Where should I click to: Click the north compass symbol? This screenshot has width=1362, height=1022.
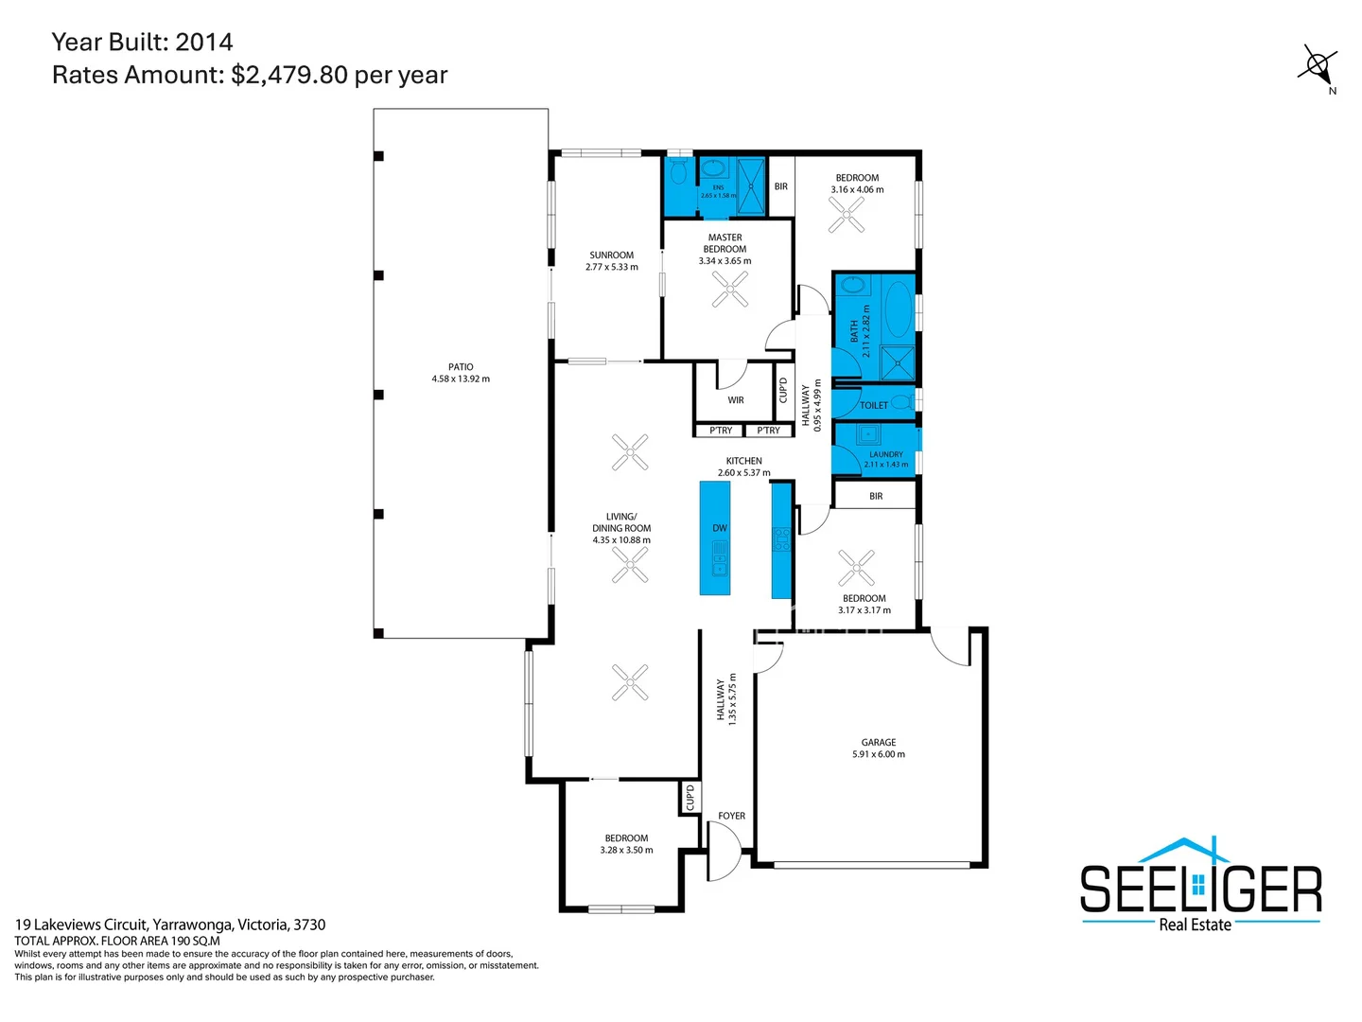1317,66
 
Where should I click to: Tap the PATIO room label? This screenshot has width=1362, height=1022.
461,367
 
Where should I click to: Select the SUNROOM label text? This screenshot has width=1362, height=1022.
611,255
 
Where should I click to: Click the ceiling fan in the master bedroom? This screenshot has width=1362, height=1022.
729,290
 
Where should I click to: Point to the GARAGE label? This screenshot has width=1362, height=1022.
878,743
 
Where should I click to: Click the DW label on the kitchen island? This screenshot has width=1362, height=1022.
720,528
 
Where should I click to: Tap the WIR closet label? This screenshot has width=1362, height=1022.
736,400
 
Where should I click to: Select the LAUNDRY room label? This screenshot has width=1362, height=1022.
885,454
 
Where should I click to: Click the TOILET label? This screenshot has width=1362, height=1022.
874,406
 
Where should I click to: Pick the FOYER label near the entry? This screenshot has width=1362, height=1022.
731,816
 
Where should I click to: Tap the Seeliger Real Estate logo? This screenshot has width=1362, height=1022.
1200,886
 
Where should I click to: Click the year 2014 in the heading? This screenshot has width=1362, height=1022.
204,42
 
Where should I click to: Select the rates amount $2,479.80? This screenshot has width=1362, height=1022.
289,75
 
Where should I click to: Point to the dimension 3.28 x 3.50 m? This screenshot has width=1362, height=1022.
626,850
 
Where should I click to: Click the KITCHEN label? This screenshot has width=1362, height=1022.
743,461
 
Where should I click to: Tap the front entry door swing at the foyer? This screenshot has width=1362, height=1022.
724,850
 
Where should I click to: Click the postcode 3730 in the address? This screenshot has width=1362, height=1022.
309,925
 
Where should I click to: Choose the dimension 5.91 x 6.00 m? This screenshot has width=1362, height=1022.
878,754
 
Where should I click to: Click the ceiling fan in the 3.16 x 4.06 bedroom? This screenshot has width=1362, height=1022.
847,216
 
